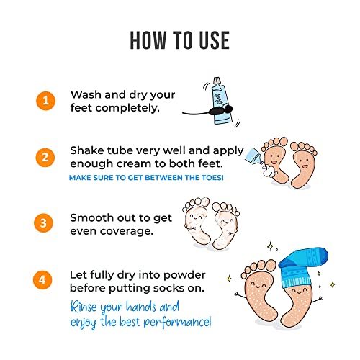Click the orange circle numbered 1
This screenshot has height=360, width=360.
click(x=45, y=101)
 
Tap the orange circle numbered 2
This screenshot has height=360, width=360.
click(x=45, y=156)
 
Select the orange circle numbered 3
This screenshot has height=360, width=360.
click(x=45, y=223)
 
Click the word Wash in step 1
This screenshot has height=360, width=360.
click(x=86, y=94)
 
